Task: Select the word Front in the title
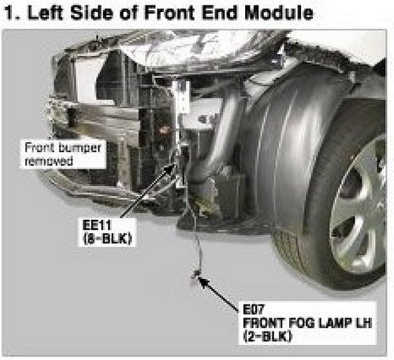162,12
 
